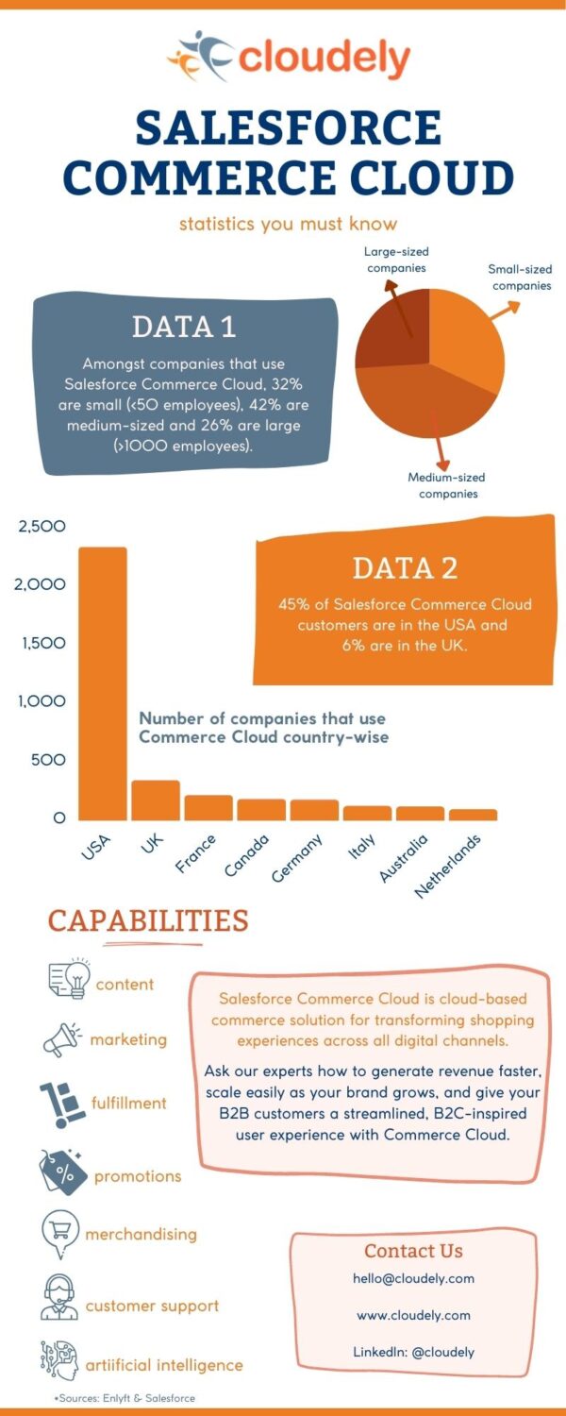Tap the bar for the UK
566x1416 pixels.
pos(156,800)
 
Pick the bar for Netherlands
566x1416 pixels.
pos(473,815)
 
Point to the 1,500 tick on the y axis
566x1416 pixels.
pos(41,643)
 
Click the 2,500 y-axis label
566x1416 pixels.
pos(41,526)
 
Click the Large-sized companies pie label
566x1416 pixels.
pos(396,260)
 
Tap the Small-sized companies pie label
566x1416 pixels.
pos(521,278)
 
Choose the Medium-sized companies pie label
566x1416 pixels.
pos(447,485)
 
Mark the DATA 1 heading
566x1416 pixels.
pos(184,327)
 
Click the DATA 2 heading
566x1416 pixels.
pos(405,567)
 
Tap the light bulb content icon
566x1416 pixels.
pos(69,978)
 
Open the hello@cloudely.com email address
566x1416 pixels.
pos(413,1278)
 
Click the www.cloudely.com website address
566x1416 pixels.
pos(413,1315)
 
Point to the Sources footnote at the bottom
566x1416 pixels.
pos(125,1397)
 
